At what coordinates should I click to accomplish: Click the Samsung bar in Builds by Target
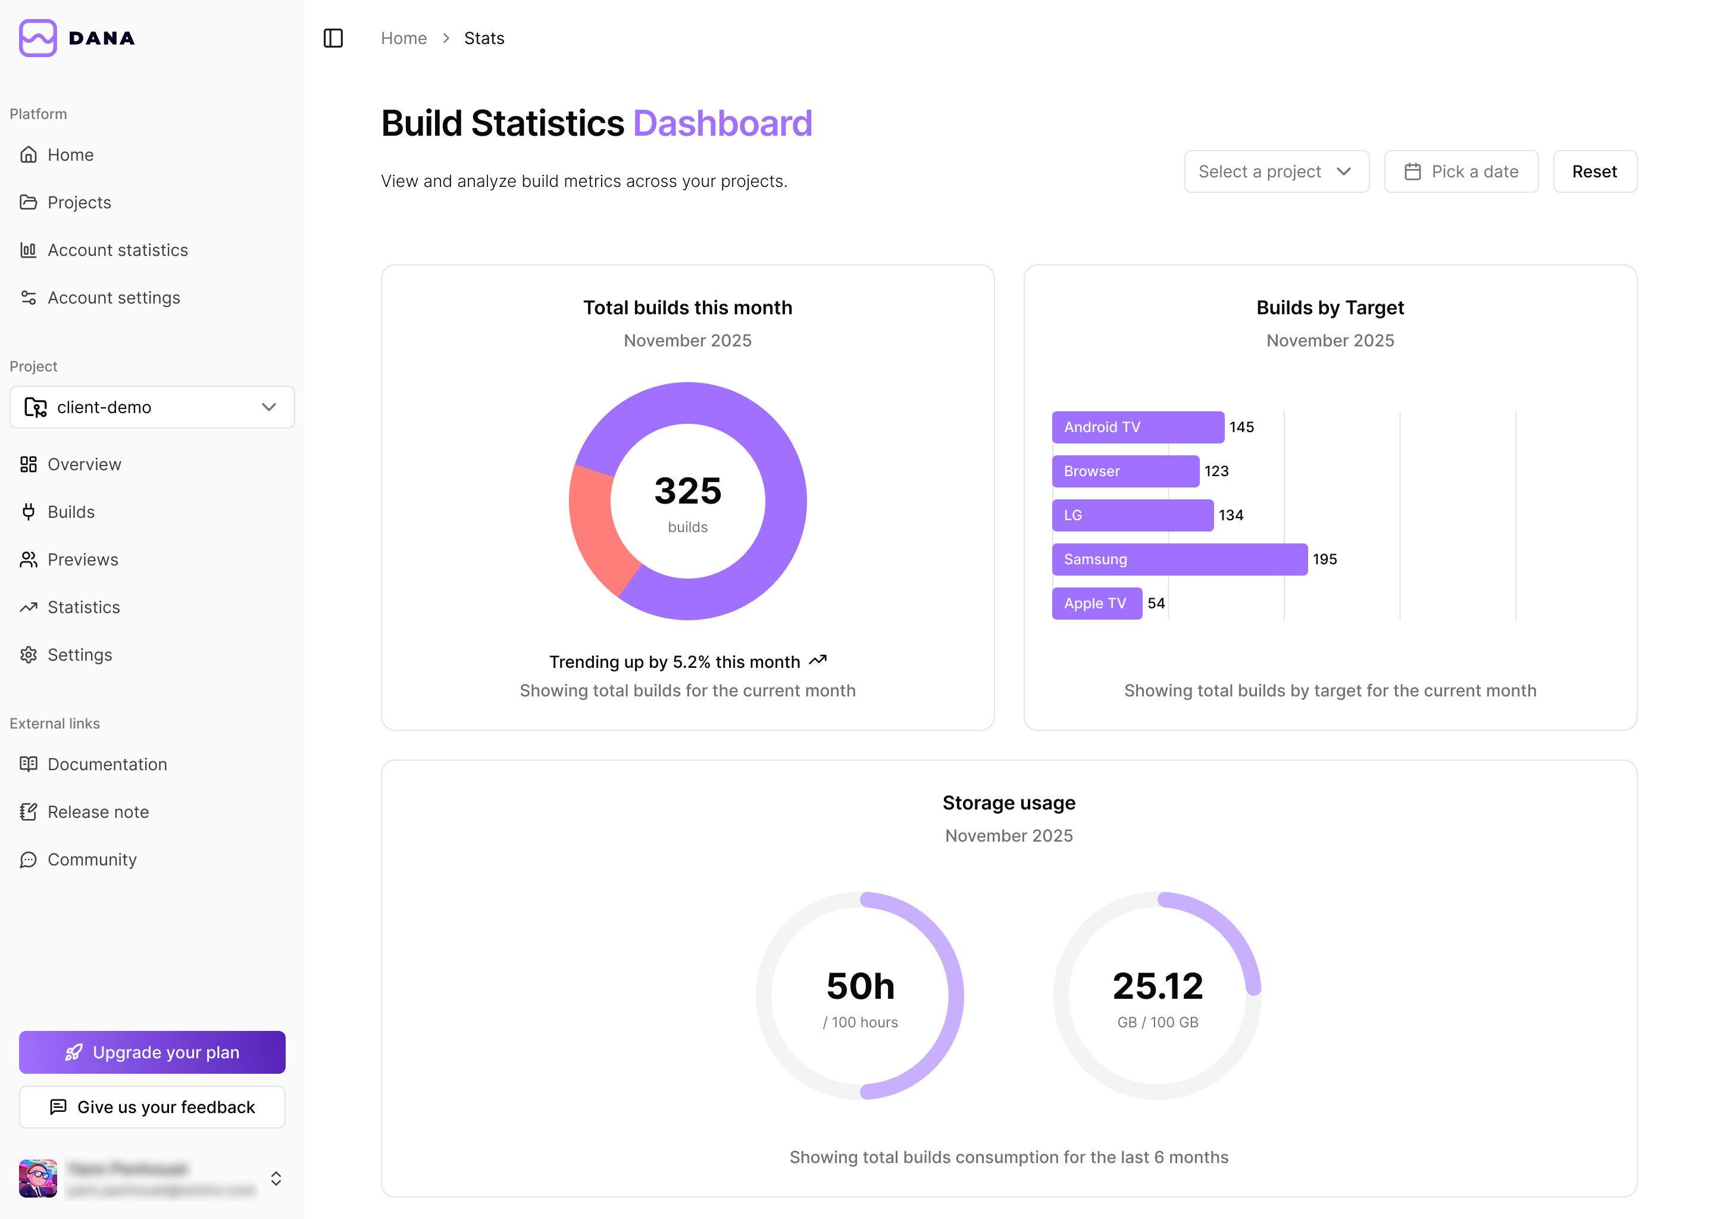(1179, 560)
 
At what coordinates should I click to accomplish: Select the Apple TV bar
(1096, 604)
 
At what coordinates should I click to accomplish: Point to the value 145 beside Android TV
(1241, 427)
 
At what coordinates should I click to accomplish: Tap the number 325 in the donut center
(687, 491)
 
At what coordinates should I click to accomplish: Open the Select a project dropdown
(1276, 172)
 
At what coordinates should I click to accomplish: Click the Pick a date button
(1460, 172)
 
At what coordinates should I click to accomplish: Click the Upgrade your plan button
(152, 1052)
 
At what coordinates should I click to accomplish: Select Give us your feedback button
(152, 1107)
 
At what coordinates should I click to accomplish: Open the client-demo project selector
(152, 407)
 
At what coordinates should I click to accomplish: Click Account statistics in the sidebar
(117, 250)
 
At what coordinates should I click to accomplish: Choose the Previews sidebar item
(83, 560)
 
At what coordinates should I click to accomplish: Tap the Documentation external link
(107, 764)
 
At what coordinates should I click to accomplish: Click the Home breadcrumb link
(404, 38)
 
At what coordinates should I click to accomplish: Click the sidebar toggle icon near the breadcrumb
(333, 38)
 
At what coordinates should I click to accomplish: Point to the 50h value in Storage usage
(860, 986)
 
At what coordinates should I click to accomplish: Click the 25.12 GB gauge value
(1157, 986)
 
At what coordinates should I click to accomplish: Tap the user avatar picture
(37, 1178)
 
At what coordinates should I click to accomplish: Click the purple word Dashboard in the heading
(722, 123)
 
